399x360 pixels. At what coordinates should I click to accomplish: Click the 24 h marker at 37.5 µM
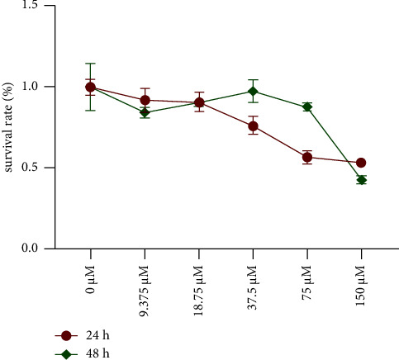pyautogui.click(x=253, y=126)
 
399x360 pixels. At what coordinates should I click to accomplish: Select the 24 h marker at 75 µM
pyautogui.click(x=306, y=157)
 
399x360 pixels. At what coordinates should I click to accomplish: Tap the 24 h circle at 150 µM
pyautogui.click(x=361, y=163)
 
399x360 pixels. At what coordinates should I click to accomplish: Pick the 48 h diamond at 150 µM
pyautogui.click(x=361, y=180)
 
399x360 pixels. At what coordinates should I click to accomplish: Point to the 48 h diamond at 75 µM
pyautogui.click(x=306, y=107)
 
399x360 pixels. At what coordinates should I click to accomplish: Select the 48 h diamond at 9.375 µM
pyautogui.click(x=145, y=112)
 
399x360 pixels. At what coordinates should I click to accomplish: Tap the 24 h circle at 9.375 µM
pyautogui.click(x=145, y=100)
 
